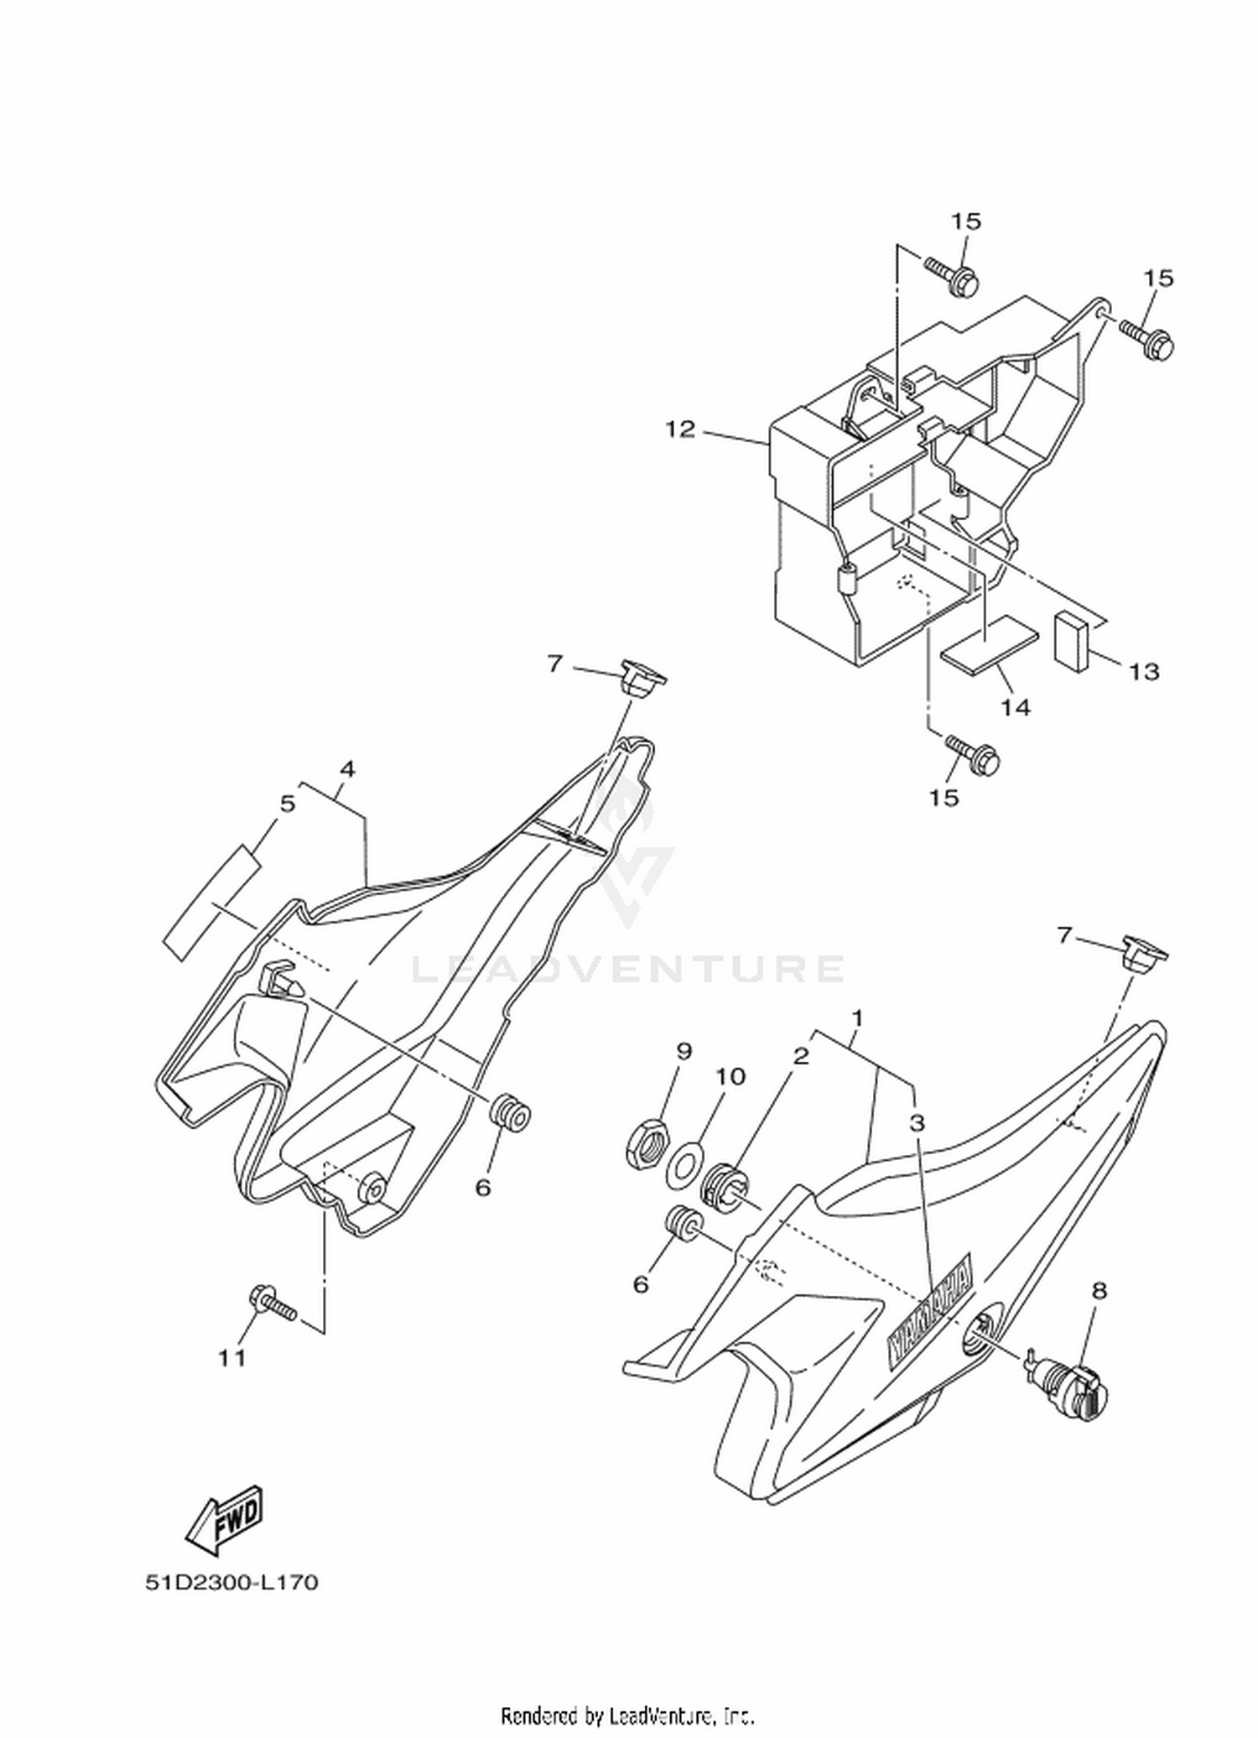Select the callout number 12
tap(680, 429)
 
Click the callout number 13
tap(1144, 671)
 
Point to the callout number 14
tap(1016, 708)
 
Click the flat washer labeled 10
tap(685, 1167)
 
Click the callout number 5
tap(288, 804)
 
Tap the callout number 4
tap(347, 769)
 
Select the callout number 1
tap(857, 1018)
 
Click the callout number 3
tap(918, 1122)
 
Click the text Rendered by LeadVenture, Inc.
tap(628, 1715)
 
